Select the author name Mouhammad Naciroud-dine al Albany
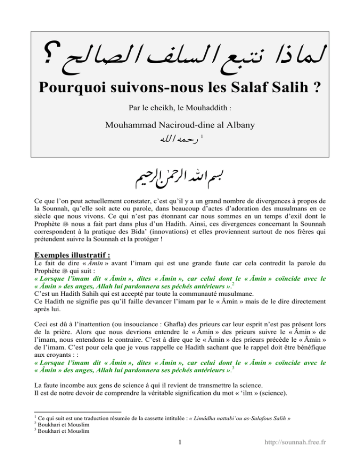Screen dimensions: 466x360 [x=180, y=126]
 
